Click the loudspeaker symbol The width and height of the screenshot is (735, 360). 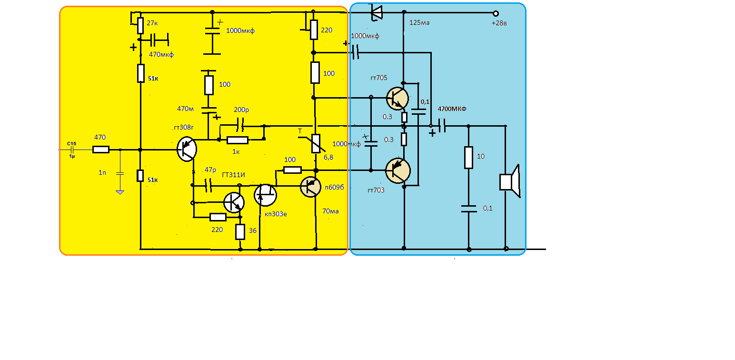510,181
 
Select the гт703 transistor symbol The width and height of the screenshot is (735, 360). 397,170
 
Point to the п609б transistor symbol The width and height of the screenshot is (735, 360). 312,187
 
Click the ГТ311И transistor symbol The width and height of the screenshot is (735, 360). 234,202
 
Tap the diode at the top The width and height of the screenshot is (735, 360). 376,12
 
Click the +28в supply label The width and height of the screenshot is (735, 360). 499,23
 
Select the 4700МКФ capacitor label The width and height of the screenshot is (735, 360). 452,109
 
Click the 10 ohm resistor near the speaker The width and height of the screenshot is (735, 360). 468,158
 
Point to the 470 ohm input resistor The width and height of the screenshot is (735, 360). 100,150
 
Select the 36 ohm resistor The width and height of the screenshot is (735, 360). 240,231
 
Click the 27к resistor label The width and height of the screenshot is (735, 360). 152,23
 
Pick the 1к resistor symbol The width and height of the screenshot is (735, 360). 238,140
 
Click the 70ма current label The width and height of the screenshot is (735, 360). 330,211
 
